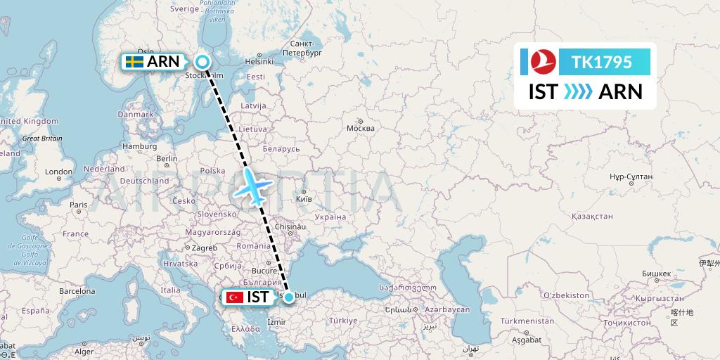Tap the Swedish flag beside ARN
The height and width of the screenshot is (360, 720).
click(x=134, y=62)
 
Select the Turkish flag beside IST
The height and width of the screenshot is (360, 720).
click(x=233, y=297)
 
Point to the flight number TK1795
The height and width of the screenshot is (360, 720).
click(x=602, y=63)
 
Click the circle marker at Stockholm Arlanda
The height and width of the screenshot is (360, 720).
click(x=202, y=62)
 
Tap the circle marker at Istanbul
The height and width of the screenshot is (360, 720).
click(x=288, y=297)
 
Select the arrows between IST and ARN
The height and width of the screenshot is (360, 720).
click(x=578, y=92)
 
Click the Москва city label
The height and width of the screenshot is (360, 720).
click(x=360, y=129)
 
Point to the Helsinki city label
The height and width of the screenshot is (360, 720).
click(x=258, y=61)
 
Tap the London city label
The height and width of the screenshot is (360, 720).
click(x=58, y=172)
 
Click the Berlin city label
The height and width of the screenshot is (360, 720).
click(x=167, y=158)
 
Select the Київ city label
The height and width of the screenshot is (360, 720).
click(x=304, y=199)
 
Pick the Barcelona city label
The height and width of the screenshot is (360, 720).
click(x=77, y=290)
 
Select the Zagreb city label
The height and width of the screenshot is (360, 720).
click(x=205, y=248)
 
